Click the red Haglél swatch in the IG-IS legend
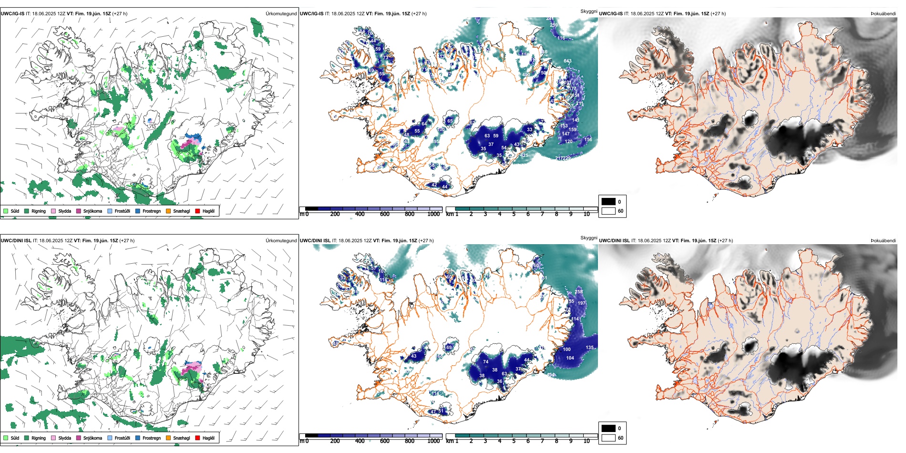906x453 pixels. [197, 211]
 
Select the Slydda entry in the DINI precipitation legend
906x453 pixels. [64, 438]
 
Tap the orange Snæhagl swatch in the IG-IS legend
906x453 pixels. [168, 211]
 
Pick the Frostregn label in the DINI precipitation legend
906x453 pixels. [152, 438]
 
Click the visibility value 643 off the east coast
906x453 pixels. [567, 61]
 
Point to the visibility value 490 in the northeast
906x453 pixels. [526, 75]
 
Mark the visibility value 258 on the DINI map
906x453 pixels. [579, 292]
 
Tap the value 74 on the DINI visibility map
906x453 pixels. [485, 362]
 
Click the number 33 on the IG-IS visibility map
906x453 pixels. [529, 129]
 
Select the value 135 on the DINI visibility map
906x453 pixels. [590, 348]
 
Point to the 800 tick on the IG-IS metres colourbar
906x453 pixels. [409, 214]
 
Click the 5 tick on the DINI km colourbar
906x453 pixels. [514, 441]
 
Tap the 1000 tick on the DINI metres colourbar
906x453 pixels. [433, 441]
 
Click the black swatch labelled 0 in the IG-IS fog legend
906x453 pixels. [608, 202]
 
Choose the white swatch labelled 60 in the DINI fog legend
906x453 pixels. [608, 438]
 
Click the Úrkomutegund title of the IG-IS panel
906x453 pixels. [281, 14]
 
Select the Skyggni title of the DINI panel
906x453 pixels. [588, 237]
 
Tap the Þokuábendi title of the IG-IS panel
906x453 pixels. [883, 14]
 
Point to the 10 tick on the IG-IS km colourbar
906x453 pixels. [587, 214]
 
